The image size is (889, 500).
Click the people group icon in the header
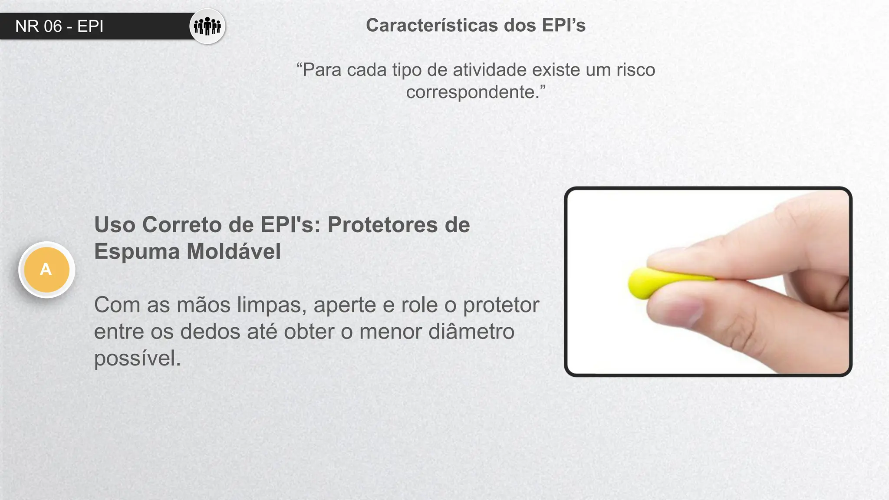coord(207,26)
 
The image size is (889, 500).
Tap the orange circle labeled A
coord(46,270)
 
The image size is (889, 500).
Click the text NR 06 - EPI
coord(59,26)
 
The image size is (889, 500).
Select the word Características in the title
coord(432,25)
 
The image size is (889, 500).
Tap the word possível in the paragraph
coord(137,359)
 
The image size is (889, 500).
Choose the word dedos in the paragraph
coord(210,332)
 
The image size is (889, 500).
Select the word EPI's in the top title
coord(563,25)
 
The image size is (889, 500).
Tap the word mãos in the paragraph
coord(203,305)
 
